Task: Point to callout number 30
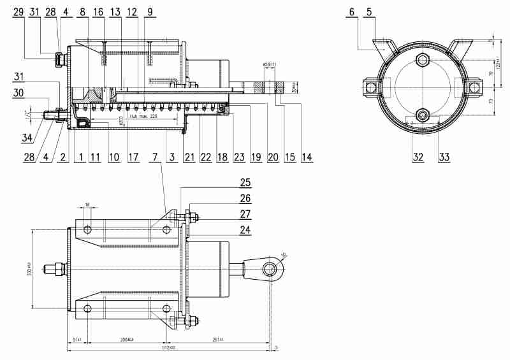coord(19,93)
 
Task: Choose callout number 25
coord(244,184)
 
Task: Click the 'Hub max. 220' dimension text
coord(143,118)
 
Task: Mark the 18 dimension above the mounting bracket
coord(87,205)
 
